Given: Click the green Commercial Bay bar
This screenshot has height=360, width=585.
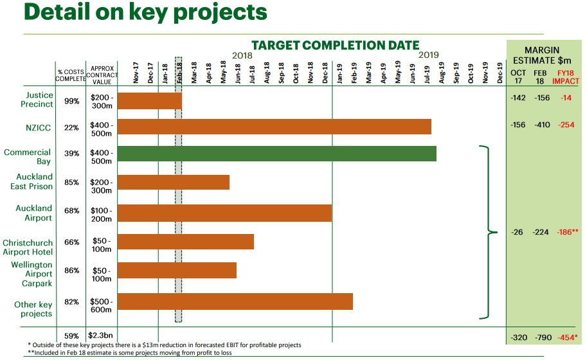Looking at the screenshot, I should [x=276, y=154].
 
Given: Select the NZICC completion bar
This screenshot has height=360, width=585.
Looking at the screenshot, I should [x=274, y=127].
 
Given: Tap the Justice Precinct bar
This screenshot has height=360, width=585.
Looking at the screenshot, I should [x=150, y=101].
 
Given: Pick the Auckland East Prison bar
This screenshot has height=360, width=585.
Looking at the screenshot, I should [x=174, y=182].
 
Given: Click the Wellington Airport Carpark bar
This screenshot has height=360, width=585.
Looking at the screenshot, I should [x=177, y=271].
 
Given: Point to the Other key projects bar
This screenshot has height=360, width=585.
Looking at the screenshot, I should [x=235, y=301].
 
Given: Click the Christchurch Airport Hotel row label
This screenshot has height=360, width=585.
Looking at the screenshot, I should [x=27, y=248].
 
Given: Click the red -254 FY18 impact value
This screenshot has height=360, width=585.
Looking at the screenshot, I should [x=566, y=125].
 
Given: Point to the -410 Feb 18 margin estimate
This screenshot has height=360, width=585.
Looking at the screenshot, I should [x=541, y=125].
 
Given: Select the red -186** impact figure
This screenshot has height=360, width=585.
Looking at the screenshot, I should [x=567, y=231].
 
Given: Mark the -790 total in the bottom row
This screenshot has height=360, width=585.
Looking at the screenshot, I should [x=541, y=337].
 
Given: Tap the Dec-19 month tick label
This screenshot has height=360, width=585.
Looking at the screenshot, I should [x=500, y=73].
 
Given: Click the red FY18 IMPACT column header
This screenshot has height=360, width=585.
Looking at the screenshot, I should [x=566, y=76].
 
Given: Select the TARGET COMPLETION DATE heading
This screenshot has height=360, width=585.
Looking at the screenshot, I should [x=335, y=46].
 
